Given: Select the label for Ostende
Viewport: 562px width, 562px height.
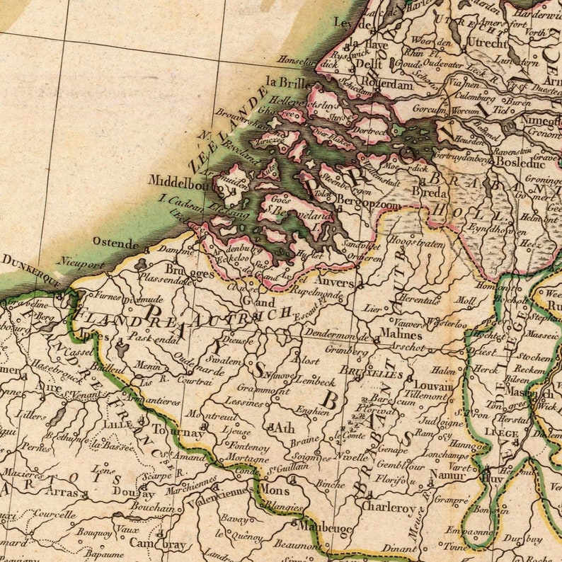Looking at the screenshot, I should click(x=116, y=243).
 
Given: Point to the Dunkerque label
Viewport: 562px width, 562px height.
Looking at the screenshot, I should click(x=30, y=270).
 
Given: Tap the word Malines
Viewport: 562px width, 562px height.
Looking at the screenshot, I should click(x=401, y=332).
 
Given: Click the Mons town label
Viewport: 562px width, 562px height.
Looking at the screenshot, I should click(x=274, y=490).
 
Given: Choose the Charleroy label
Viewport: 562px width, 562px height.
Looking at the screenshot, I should click(x=388, y=507).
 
